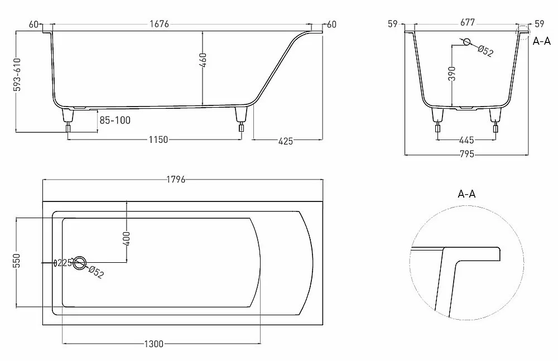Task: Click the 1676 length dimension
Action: coord(159,24)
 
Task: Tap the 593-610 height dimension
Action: coord(17,75)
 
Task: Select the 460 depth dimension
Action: coord(203,60)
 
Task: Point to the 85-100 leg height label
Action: coord(115,121)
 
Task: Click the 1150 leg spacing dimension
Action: coord(158,139)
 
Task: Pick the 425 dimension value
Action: coord(285,141)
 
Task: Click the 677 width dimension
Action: coord(467,22)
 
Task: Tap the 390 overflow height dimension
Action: coord(452,73)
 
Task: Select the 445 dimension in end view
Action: coord(466,140)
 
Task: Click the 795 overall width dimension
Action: coord(467,154)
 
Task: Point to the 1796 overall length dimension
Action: coord(176,180)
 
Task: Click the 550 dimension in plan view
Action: coord(18,261)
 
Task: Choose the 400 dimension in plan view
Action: coord(127,239)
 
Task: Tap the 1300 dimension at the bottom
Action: coord(154,344)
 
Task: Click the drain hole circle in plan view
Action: coord(80,263)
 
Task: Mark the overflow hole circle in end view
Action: coord(466,42)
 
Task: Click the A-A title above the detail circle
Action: coord(466,194)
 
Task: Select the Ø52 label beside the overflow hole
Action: coord(485,51)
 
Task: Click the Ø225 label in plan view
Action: coord(62,263)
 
